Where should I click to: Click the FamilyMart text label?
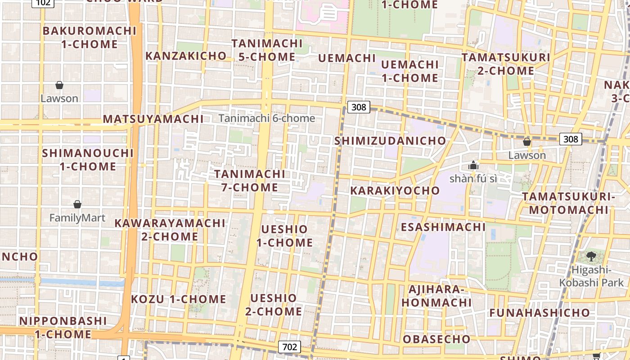(77, 218)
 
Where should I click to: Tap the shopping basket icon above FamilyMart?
(77, 204)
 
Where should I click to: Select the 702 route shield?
(289, 347)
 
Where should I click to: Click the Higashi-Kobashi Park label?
(591, 276)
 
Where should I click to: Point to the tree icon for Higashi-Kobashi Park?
(591, 256)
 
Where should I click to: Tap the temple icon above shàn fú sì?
(473, 165)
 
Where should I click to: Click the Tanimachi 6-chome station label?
(267, 118)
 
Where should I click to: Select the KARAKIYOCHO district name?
(395, 190)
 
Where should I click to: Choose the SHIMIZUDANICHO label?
(390, 141)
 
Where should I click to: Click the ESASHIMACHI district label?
(443, 227)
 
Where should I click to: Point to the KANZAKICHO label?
(186, 56)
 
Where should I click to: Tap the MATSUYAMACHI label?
(153, 119)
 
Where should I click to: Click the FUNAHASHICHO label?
(540, 313)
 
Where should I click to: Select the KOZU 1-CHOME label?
(178, 299)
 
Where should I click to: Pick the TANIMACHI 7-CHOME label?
(250, 180)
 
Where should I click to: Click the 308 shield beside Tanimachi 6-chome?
(359, 107)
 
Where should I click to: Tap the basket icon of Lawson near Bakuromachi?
(59, 85)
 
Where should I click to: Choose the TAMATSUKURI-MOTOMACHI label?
(568, 203)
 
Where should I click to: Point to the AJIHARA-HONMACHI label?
(436, 296)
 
